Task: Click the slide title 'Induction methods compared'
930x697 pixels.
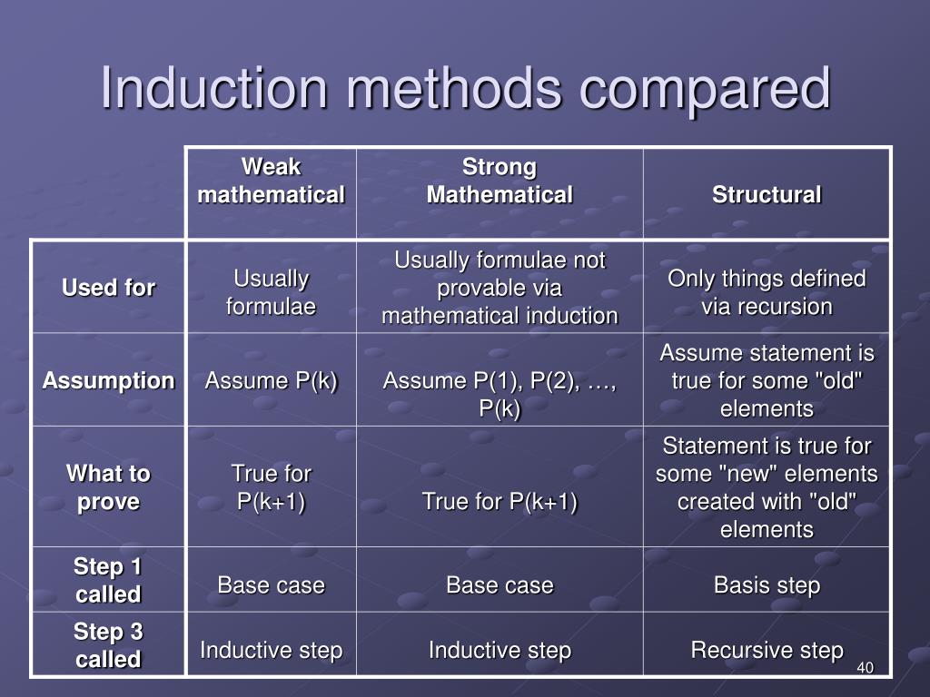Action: point(465,89)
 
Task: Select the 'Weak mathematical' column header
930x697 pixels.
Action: point(271,182)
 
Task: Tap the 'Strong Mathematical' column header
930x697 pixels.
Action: point(500,182)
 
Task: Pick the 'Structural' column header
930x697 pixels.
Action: point(767,194)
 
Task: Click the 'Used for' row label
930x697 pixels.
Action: point(108,289)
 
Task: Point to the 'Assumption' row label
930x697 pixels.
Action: point(108,380)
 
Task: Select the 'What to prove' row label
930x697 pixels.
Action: point(108,487)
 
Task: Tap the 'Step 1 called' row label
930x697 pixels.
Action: point(108,581)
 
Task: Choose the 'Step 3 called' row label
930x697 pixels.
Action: point(108,645)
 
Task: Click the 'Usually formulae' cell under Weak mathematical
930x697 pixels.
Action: point(271,292)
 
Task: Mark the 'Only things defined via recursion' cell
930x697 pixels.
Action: point(767,292)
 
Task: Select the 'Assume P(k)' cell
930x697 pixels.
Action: point(271,380)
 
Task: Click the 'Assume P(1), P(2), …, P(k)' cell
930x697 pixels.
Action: point(500,395)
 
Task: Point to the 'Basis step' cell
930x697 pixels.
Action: point(767,585)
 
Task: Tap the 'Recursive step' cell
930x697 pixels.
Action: point(767,650)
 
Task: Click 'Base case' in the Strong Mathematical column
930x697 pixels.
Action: point(500,585)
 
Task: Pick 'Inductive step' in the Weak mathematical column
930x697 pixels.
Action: point(271,650)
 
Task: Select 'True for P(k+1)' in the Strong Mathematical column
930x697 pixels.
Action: point(500,501)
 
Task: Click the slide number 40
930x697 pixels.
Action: point(864,669)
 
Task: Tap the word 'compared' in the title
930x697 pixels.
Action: point(705,89)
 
